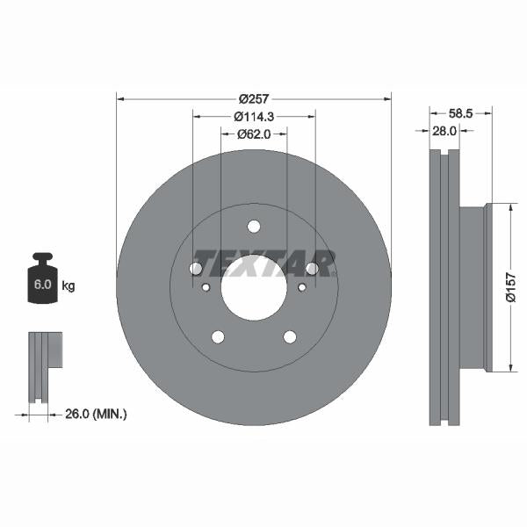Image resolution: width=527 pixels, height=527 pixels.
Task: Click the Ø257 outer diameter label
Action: coord(253,98)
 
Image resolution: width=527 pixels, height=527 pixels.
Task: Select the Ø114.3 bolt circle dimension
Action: coord(253,117)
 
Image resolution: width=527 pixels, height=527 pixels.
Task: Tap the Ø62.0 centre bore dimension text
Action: coord(253,134)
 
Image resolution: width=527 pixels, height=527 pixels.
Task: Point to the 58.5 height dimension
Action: coord(461,113)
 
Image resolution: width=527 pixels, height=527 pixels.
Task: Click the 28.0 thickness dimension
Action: coord(443,131)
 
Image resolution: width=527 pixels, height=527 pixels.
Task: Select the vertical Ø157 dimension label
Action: coord(510,287)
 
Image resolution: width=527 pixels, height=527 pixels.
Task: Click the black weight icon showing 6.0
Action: coord(43,282)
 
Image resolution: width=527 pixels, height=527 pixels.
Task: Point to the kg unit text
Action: coord(69,286)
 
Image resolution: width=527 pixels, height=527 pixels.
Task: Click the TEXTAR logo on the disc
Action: coord(263,263)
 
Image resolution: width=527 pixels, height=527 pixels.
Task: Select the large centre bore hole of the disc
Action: coord(253,288)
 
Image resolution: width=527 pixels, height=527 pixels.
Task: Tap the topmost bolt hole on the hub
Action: coord(253,227)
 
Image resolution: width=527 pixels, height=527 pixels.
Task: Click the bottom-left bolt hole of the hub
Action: coord(217,337)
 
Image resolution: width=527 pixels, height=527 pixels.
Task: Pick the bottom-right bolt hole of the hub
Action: coord(290,337)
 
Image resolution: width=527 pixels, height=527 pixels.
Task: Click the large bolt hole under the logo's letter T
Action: coord(196,268)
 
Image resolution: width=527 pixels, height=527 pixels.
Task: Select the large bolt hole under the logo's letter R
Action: coord(311,268)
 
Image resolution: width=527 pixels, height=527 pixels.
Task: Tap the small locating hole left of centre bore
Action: coord(206,287)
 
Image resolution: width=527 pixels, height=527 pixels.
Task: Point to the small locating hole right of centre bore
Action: coord(301,287)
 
